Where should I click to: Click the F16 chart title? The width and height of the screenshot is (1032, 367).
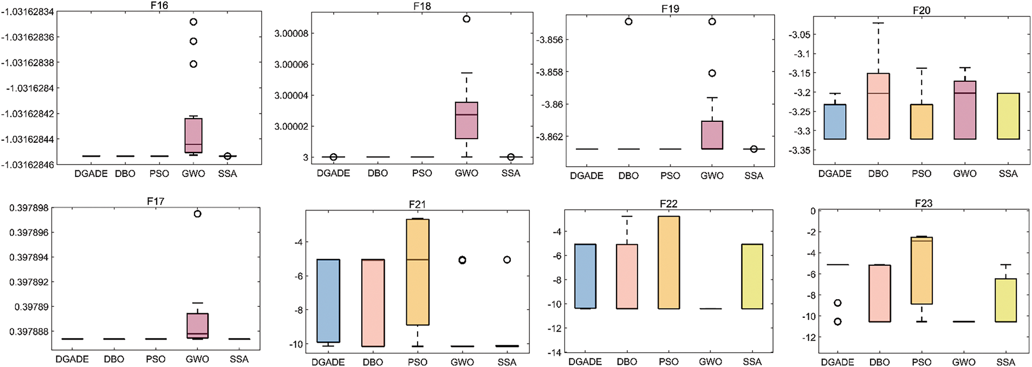[159, 5]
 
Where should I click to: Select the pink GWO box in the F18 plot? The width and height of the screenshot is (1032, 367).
[466, 120]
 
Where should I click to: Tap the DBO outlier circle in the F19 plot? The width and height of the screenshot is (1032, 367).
[628, 22]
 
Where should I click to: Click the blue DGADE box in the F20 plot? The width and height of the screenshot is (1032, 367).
[835, 122]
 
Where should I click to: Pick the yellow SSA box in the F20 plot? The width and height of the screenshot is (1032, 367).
[1008, 116]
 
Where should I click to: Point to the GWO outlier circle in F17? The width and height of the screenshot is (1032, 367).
[197, 214]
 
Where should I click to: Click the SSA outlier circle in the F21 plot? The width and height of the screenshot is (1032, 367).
[507, 260]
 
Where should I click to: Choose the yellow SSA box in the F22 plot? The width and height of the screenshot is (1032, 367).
[752, 276]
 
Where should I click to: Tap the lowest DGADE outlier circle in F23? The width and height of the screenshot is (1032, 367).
[838, 322]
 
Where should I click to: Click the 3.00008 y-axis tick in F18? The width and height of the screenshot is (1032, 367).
[291, 34]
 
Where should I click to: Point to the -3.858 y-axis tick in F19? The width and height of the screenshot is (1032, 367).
[549, 72]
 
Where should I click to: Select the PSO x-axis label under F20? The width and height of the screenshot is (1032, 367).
[921, 174]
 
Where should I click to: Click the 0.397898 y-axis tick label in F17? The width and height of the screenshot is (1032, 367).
[29, 208]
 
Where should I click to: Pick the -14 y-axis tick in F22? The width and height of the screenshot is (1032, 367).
[555, 353]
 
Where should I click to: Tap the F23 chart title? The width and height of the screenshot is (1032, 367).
[923, 204]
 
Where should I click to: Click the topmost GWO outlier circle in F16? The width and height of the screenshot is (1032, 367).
[193, 22]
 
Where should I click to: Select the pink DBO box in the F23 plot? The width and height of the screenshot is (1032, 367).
[879, 293]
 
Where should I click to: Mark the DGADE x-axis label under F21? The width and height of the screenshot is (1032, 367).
[328, 362]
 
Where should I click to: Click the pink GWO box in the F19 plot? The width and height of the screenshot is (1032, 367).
[712, 135]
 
